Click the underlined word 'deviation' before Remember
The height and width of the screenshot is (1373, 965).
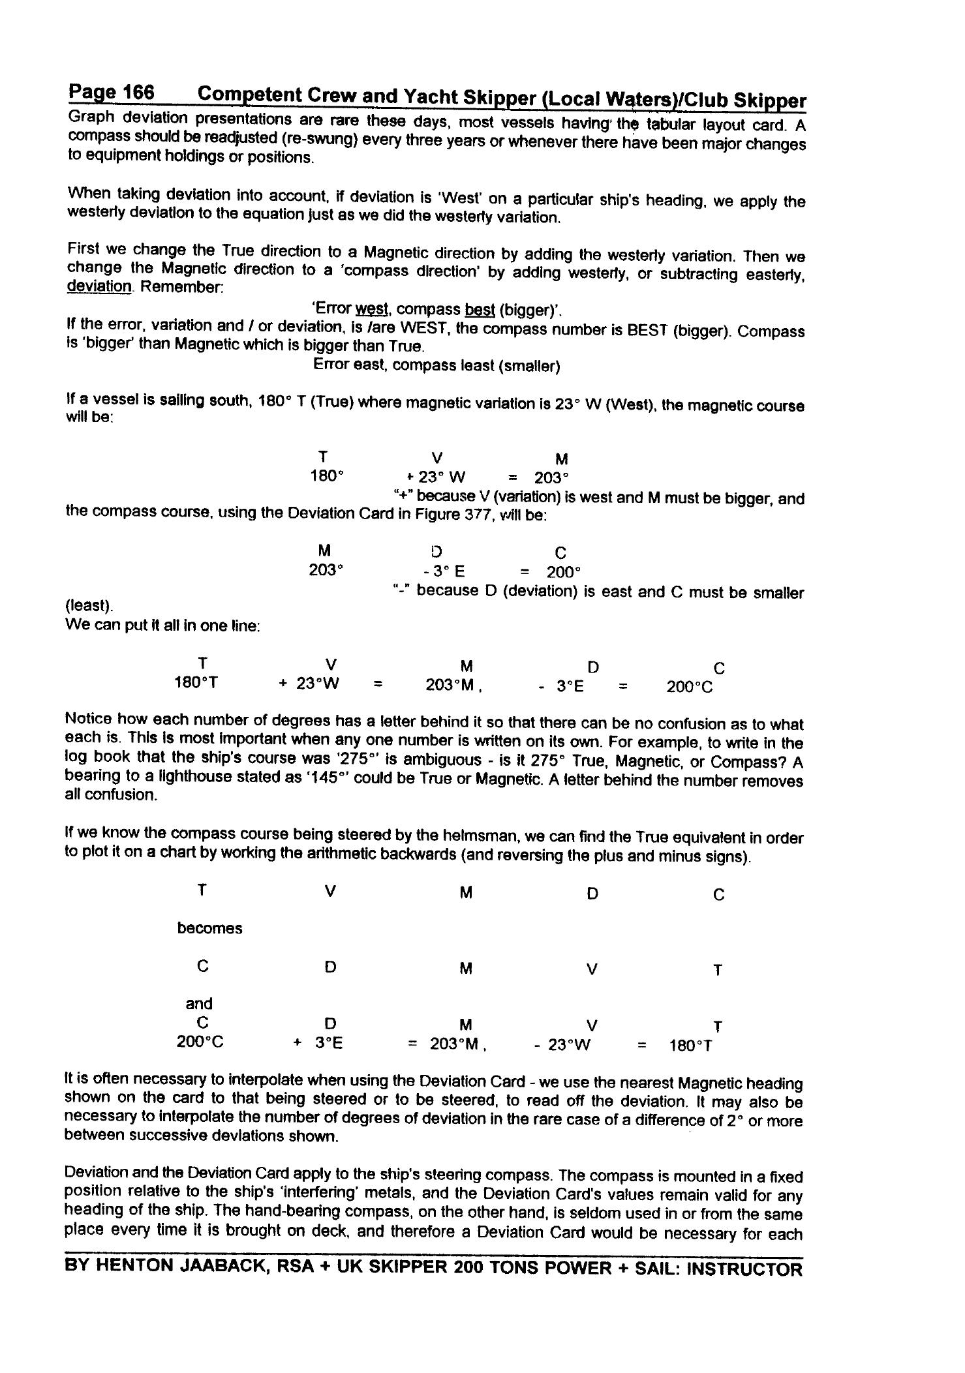[99, 286]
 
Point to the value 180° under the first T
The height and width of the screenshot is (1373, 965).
[326, 475]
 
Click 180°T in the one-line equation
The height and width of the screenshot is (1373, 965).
[196, 682]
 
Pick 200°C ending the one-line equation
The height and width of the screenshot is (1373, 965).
[690, 687]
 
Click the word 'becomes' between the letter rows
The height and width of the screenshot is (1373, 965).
[209, 928]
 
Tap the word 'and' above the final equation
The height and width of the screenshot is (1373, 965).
[199, 1004]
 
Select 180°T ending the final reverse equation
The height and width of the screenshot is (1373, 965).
[691, 1046]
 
